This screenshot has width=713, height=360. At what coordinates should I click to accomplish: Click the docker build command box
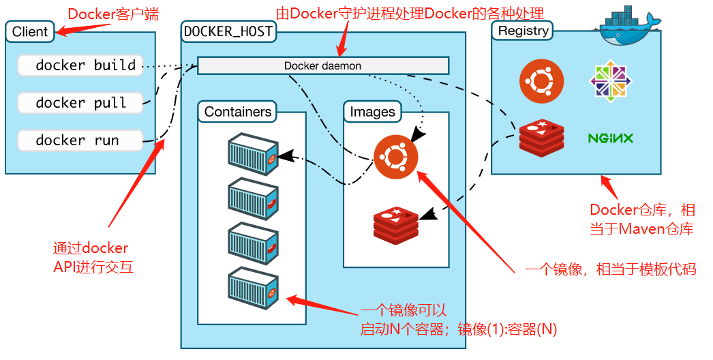click(80, 65)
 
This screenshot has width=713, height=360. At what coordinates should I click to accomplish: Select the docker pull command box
click(80, 103)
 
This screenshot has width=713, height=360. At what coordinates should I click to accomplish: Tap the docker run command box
click(80, 140)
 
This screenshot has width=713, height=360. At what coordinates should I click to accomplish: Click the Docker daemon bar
click(323, 65)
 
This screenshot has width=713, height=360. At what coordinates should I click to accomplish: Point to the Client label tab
click(30, 31)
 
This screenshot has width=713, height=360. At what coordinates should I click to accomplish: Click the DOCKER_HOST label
click(228, 31)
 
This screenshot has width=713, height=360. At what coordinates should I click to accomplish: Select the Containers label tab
click(238, 112)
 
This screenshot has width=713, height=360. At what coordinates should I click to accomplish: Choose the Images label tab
click(372, 112)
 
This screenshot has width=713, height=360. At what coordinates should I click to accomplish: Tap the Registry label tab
click(523, 31)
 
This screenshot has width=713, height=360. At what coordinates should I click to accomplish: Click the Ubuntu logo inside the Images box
click(395, 156)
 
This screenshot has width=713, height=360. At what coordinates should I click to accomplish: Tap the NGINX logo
click(610, 138)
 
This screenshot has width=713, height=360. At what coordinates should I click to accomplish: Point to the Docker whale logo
click(628, 27)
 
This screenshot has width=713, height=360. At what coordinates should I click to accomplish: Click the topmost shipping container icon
click(253, 154)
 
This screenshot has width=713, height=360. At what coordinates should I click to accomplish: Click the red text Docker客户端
click(113, 14)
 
